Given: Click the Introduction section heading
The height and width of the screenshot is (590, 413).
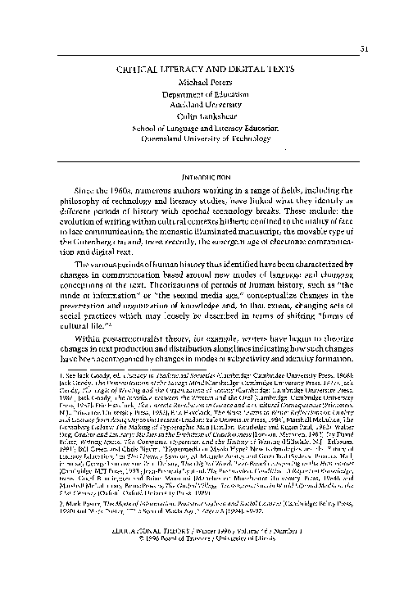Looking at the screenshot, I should click(206, 175).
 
